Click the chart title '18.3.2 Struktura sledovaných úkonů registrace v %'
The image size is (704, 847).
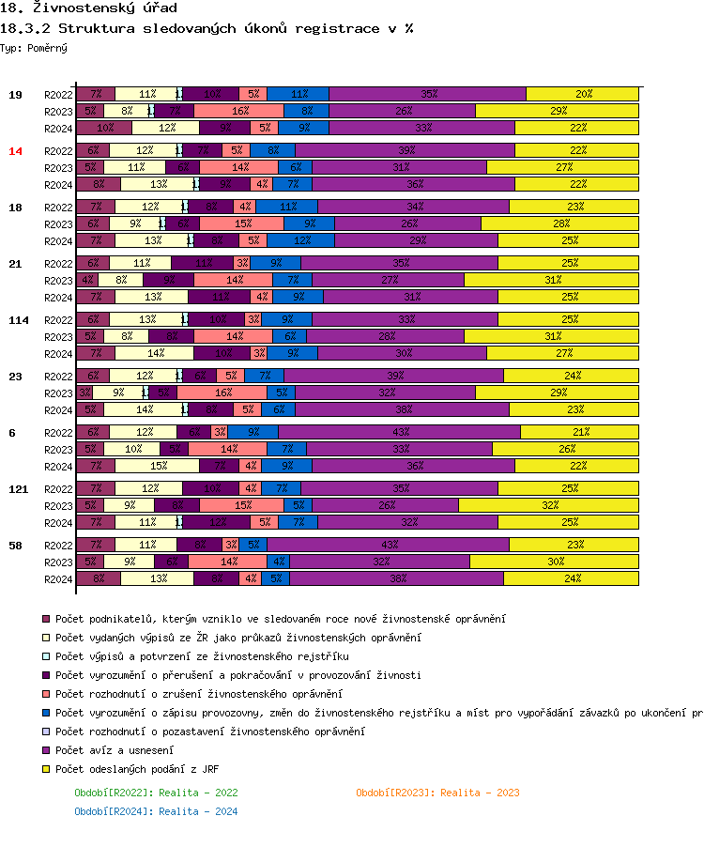click(207, 28)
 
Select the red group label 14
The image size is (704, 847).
click(15, 151)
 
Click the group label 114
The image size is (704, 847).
click(19, 320)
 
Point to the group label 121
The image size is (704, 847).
click(19, 489)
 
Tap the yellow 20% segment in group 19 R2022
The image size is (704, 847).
click(583, 94)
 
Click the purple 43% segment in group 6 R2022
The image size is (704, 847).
click(400, 432)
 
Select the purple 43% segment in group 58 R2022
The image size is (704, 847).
click(389, 545)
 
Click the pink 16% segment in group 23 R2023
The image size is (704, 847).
click(222, 393)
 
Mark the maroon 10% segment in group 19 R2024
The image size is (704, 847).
click(106, 128)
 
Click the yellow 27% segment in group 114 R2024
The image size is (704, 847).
click(563, 353)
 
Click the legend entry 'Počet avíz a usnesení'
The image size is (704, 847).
click(114, 750)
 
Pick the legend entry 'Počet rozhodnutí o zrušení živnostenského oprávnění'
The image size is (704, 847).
click(198, 694)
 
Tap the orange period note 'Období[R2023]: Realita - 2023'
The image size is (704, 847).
click(437, 793)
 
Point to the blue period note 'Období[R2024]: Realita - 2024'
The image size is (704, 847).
click(156, 811)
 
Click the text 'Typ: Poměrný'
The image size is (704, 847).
click(34, 47)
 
